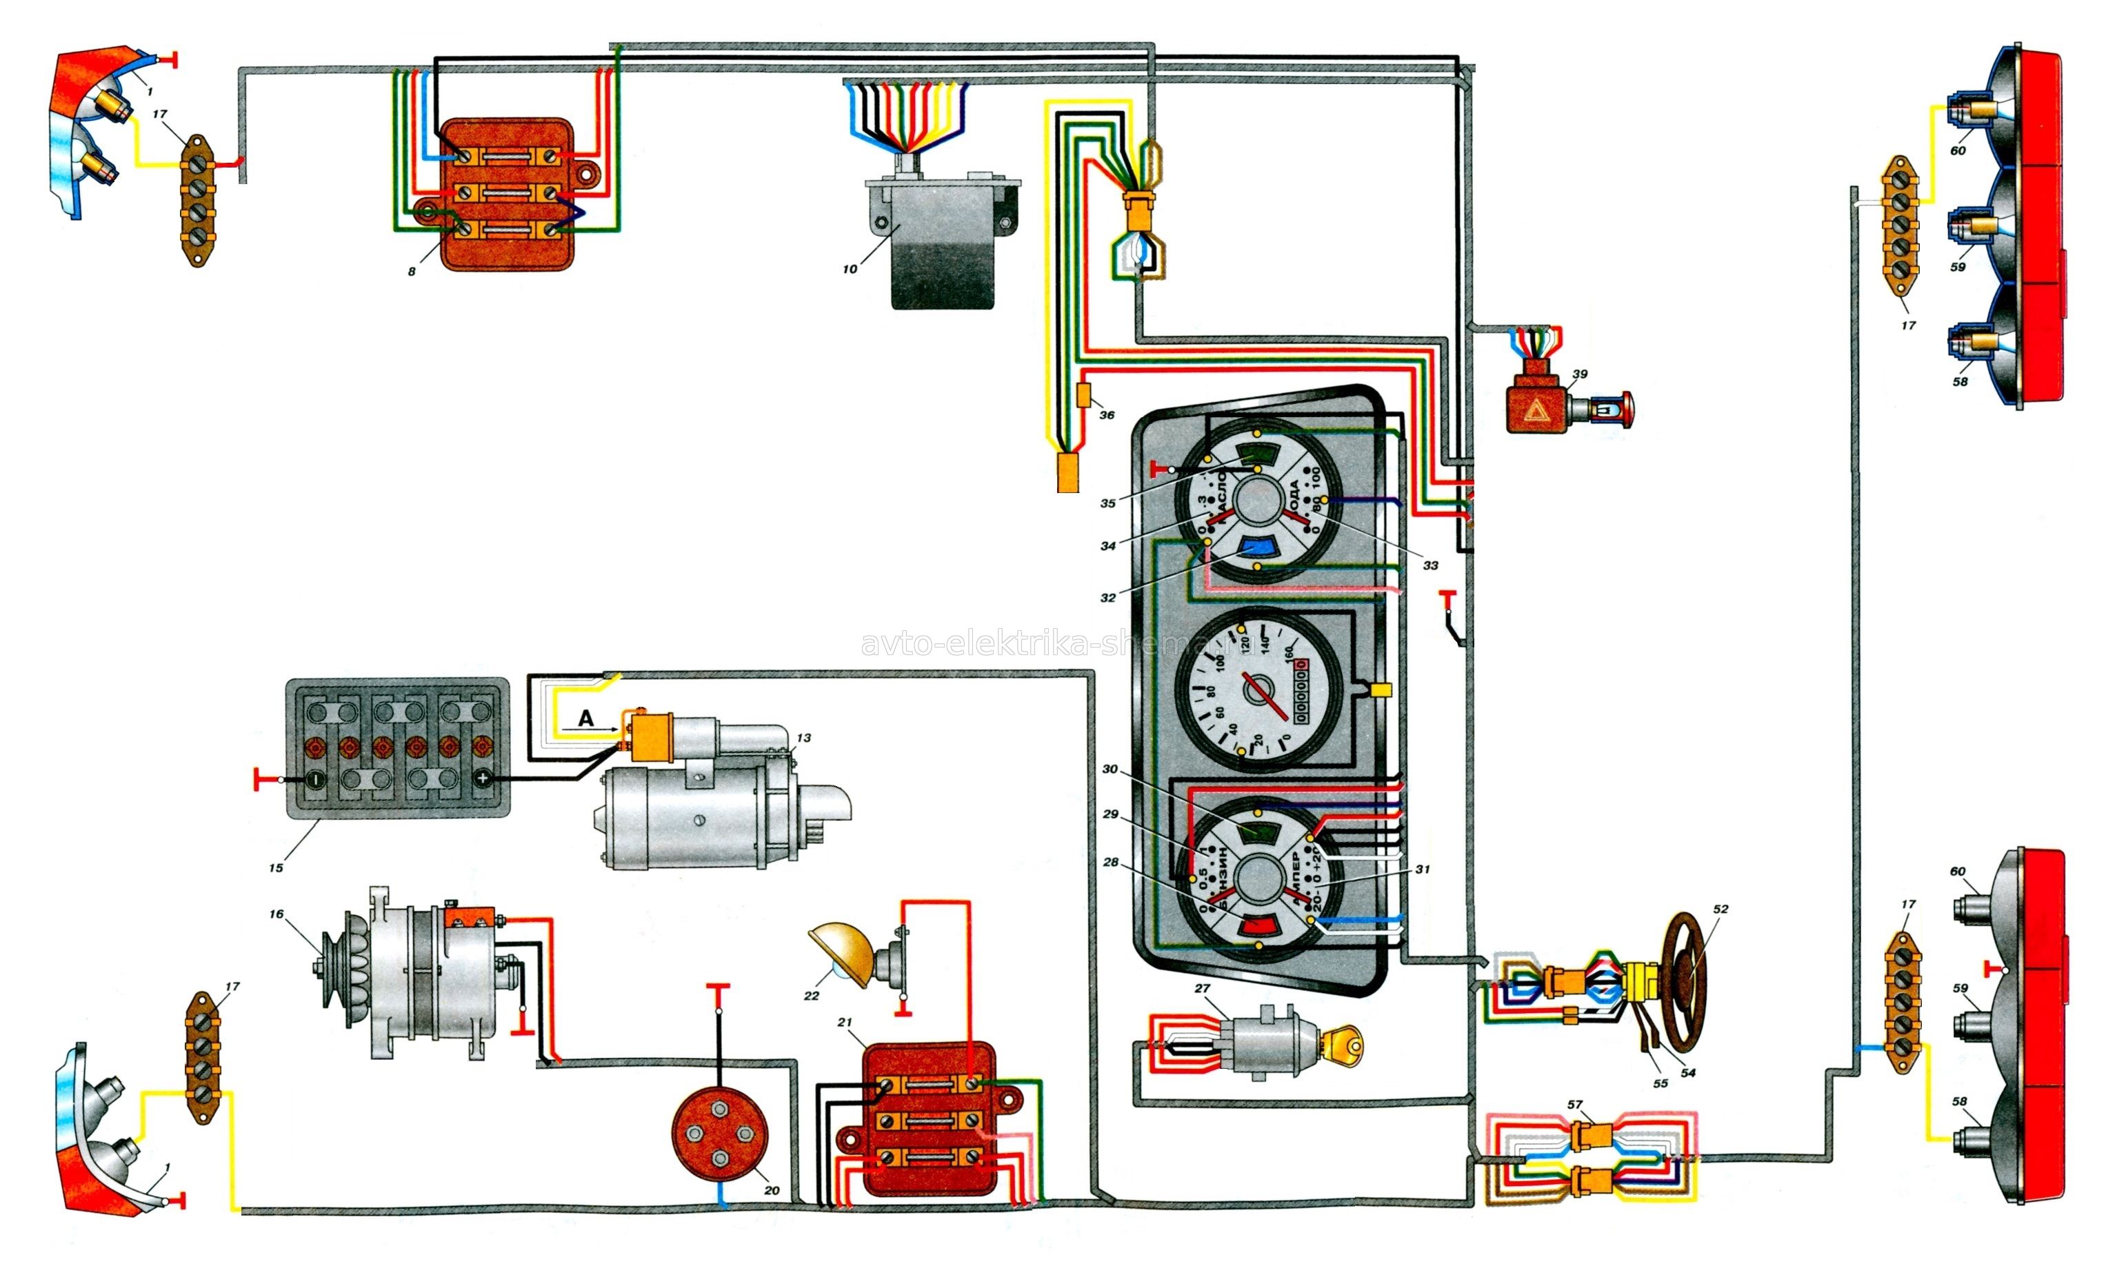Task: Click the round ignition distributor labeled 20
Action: [x=719, y=1133]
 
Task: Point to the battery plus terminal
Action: [x=483, y=779]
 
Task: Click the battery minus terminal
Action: [x=314, y=779]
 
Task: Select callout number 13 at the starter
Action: [x=803, y=737]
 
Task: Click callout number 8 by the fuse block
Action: [x=412, y=271]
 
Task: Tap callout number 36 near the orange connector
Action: [x=1107, y=415]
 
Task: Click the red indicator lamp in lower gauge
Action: [x=1261, y=925]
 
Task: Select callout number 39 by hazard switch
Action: [x=1579, y=374]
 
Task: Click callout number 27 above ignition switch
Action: [x=1202, y=988]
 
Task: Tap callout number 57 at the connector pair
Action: [x=1574, y=1105]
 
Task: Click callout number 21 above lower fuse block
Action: [x=845, y=1022]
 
